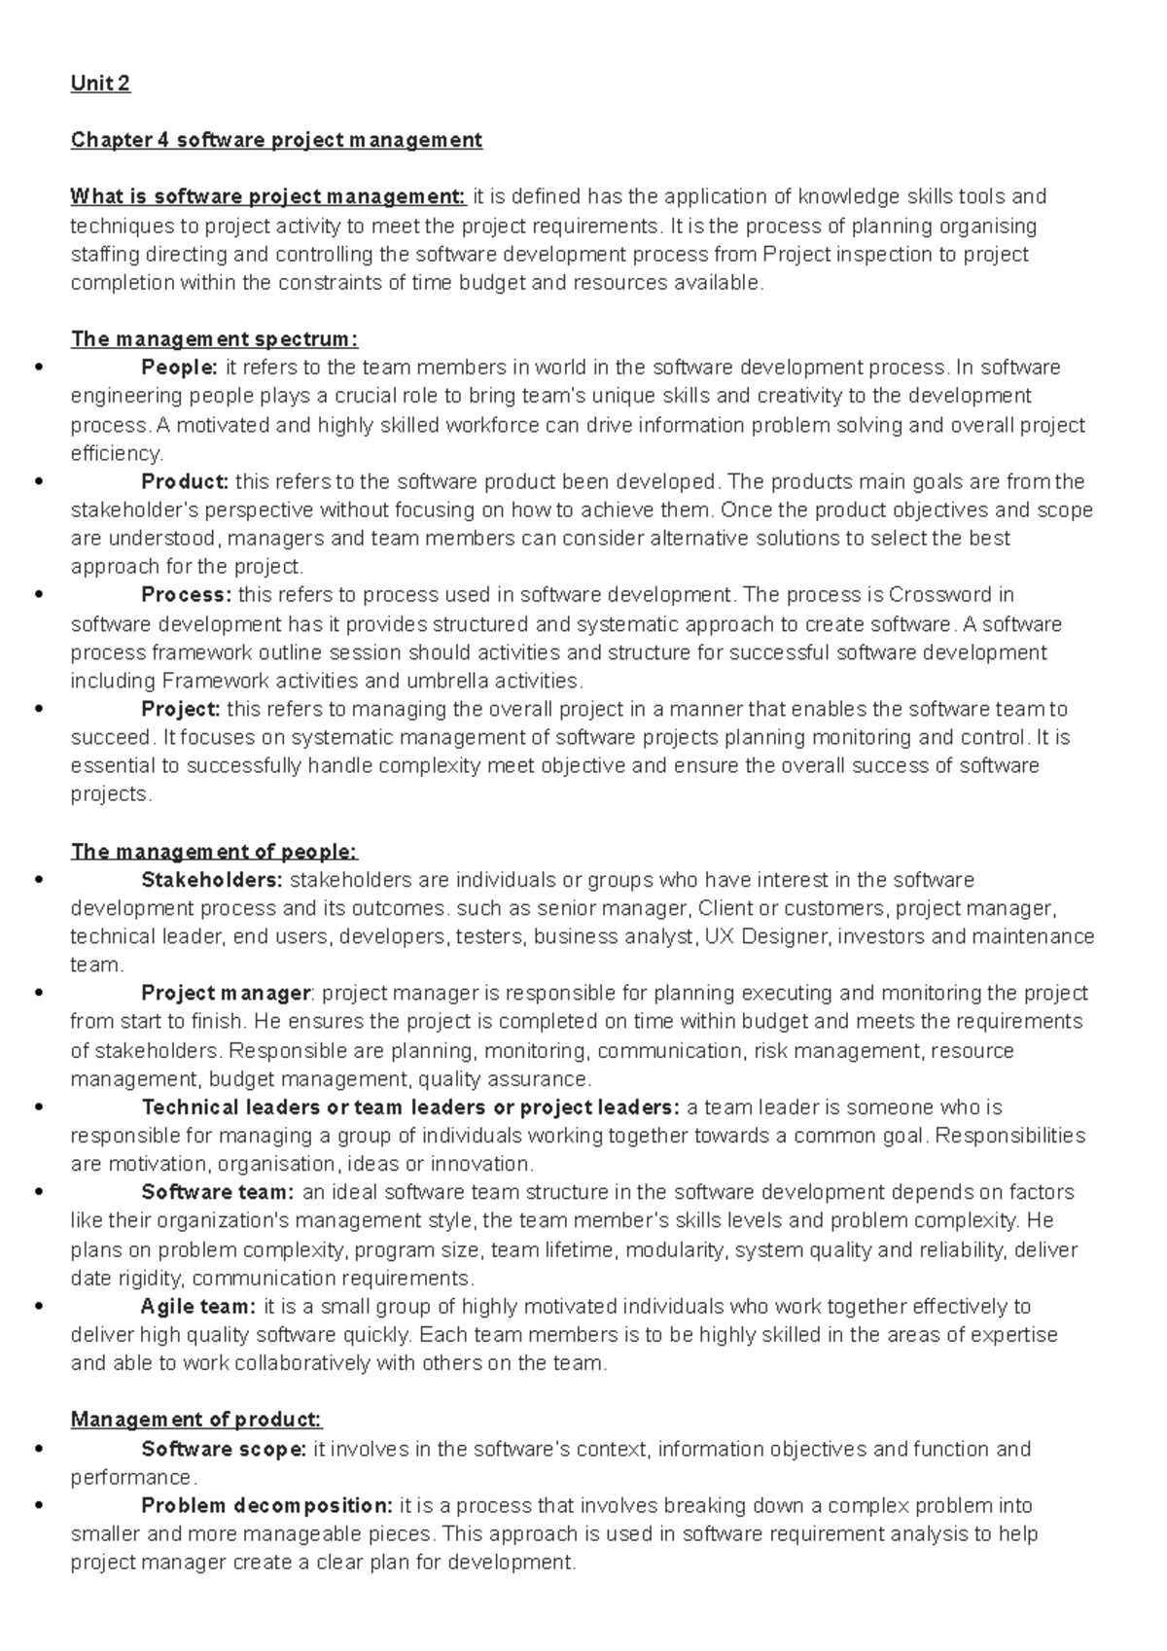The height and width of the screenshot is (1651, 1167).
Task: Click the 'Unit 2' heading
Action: click(100, 84)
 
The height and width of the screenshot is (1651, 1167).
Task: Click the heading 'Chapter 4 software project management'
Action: click(276, 140)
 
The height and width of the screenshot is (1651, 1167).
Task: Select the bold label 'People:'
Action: click(180, 368)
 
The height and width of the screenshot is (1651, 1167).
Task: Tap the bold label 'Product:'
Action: click(185, 482)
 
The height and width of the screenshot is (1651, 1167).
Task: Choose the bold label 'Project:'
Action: click(181, 709)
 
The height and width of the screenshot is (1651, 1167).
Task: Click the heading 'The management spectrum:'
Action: click(214, 339)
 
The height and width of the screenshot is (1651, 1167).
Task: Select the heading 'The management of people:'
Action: click(214, 852)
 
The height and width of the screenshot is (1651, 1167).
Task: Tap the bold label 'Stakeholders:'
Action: click(212, 880)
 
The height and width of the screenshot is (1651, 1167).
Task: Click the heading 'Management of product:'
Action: click(196, 1420)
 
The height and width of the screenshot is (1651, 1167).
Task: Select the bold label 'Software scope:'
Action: click(224, 1449)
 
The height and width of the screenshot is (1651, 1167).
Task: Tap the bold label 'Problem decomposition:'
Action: click(266, 1506)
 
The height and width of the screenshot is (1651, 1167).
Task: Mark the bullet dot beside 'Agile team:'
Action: click(39, 1307)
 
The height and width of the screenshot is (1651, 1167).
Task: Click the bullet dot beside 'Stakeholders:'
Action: click(39, 880)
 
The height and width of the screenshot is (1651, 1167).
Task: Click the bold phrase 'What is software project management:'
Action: click(268, 197)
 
